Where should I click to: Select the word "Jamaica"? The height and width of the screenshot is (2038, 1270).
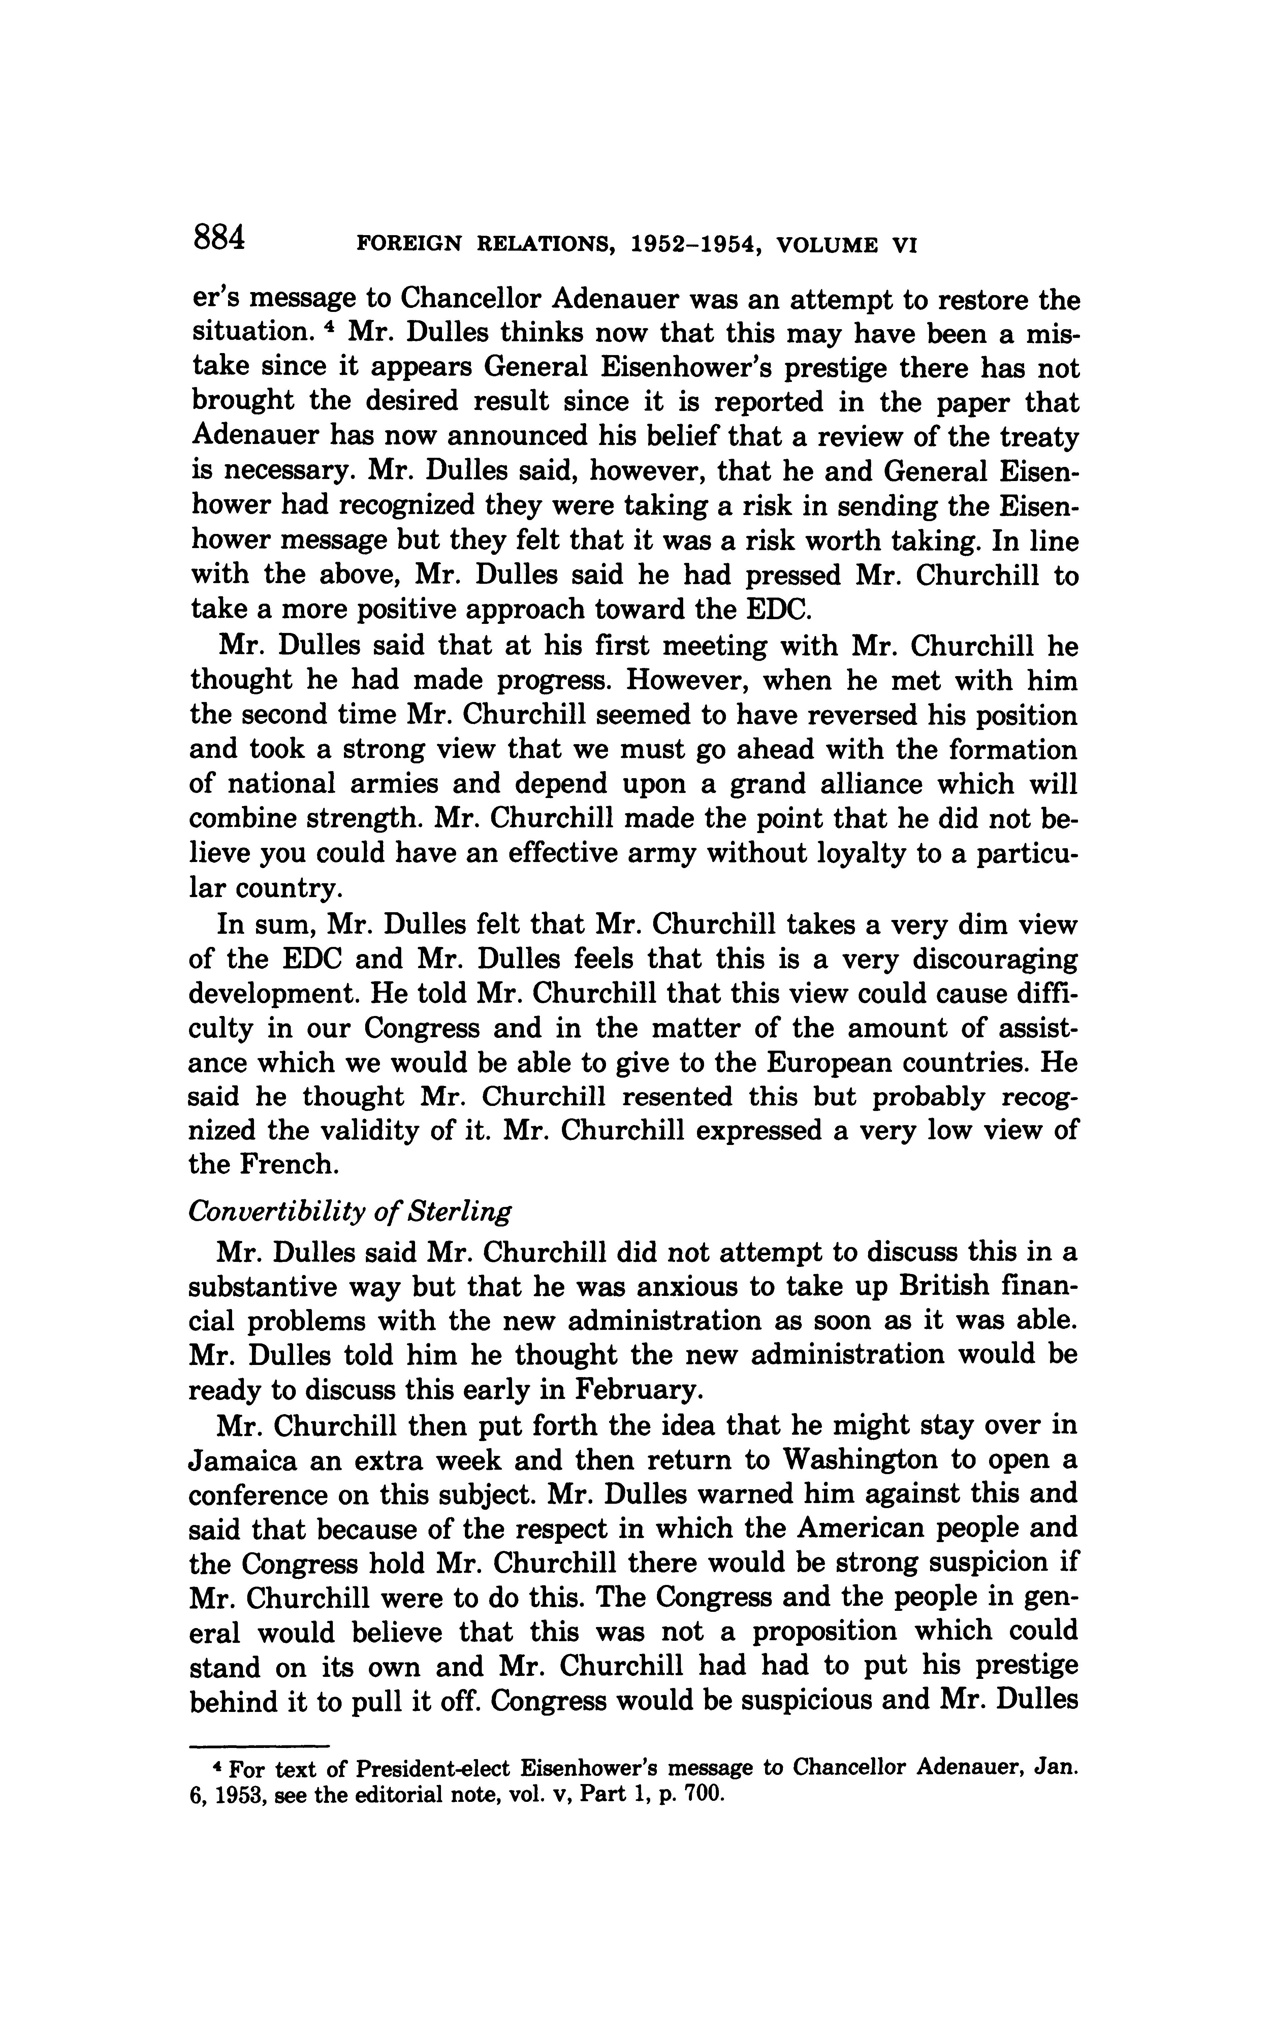pos(241,1461)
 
